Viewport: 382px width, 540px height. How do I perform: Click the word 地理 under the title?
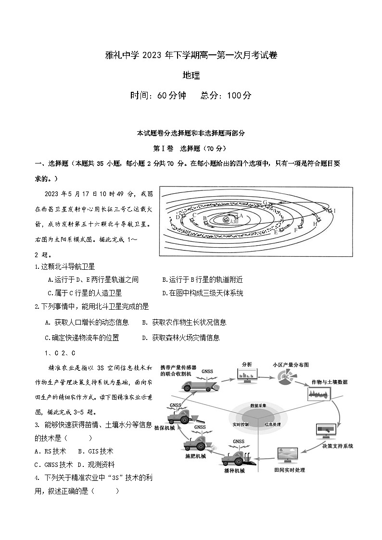tap(191, 75)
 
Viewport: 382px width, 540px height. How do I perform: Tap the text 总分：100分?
tap(226, 95)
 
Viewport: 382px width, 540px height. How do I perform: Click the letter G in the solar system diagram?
tap(265, 202)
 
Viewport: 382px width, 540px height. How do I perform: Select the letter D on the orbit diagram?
tap(178, 217)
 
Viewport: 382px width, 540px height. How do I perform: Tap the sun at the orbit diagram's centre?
tap(226, 219)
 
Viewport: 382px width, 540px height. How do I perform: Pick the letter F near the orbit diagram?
tap(296, 230)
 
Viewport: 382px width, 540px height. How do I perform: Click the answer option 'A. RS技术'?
tap(51, 451)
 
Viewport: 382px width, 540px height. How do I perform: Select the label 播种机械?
tap(234, 471)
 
